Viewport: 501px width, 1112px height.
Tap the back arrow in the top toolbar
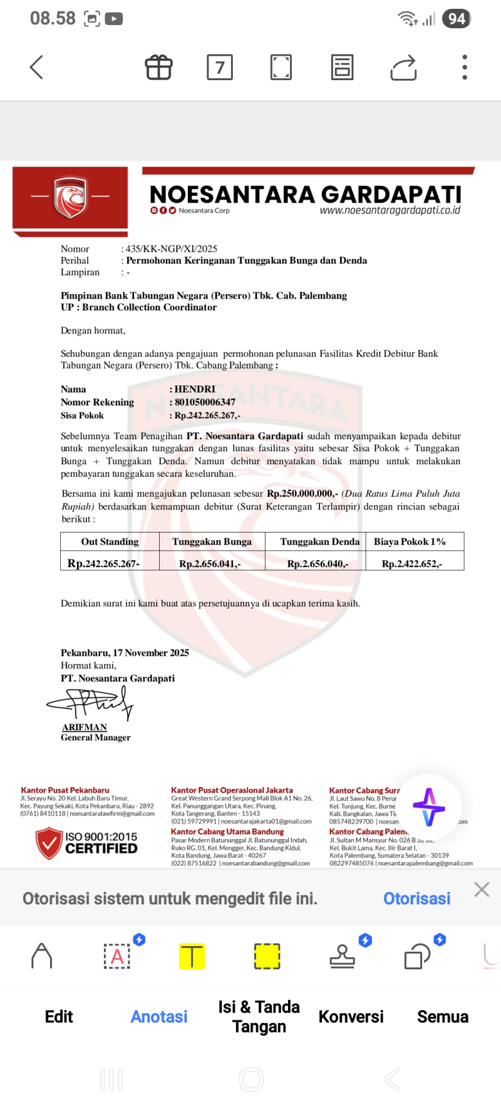click(36, 68)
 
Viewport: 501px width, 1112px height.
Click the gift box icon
click(159, 68)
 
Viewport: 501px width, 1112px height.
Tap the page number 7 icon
click(220, 68)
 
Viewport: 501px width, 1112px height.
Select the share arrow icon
click(403, 68)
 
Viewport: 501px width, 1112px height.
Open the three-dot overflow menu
click(465, 68)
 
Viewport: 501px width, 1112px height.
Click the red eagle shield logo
click(70, 197)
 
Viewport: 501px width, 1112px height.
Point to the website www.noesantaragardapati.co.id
click(390, 210)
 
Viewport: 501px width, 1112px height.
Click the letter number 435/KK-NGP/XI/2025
click(171, 248)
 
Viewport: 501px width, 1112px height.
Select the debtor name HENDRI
click(195, 389)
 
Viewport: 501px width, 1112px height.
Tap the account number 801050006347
click(205, 402)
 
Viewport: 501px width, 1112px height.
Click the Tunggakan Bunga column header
click(212, 541)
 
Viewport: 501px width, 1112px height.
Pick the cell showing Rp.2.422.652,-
click(411, 564)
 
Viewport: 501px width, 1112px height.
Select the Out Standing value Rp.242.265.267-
click(103, 563)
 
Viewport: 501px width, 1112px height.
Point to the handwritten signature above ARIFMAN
click(91, 703)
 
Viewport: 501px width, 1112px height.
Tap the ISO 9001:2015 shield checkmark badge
click(48, 842)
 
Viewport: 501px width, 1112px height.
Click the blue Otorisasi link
click(416, 899)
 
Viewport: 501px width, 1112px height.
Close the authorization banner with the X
click(482, 889)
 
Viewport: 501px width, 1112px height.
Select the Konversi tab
click(351, 1016)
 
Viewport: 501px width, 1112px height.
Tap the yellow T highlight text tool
click(192, 956)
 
